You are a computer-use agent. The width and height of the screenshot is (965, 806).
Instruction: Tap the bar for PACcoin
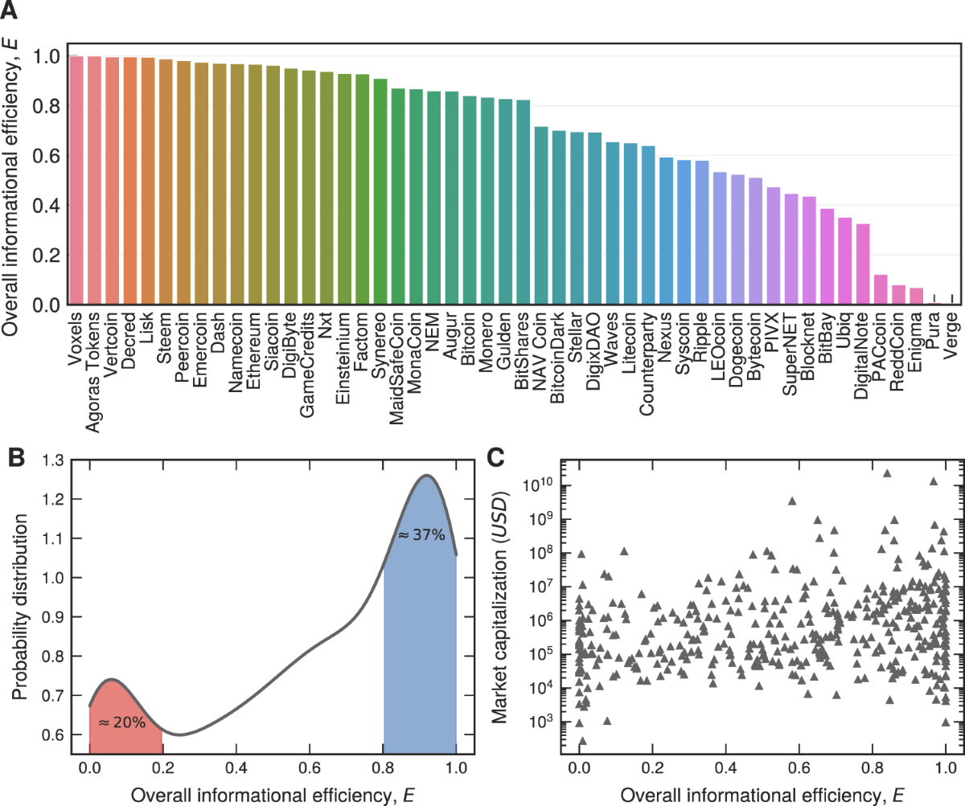(881, 289)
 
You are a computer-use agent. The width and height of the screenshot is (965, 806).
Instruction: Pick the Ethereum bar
(256, 185)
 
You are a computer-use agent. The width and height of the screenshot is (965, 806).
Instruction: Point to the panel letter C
(498, 457)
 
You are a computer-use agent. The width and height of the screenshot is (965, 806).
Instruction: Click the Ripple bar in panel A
(702, 233)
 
